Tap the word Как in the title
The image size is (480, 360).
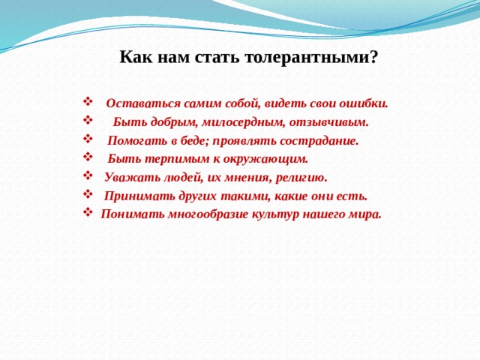pyautogui.click(x=137, y=57)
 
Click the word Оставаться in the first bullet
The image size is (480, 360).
pyautogui.click(x=139, y=103)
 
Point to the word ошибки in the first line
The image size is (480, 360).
pyautogui.click(x=365, y=103)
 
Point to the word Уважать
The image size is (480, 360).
pyautogui.click(x=127, y=178)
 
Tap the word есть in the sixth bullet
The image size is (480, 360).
pyautogui.click(x=355, y=196)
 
